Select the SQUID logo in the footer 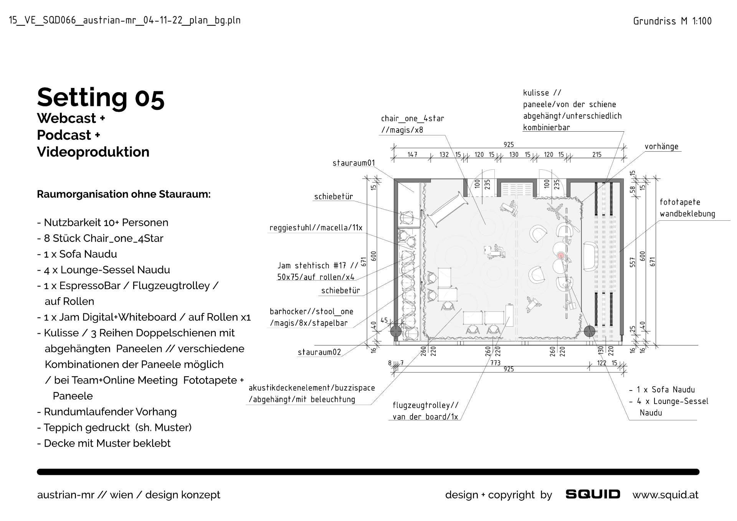593,494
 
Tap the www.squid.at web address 665,495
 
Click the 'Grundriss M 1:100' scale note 672,21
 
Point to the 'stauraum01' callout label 354,163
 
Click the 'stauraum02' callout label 319,352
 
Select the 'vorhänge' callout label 661,147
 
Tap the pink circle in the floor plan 561,255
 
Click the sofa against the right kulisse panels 590,256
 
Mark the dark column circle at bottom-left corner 396,331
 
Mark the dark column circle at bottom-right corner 589,331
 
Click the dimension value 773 495,363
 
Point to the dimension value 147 412,155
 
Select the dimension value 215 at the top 597,155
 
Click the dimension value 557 633,262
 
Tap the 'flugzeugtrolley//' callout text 425,405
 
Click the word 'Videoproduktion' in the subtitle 93,152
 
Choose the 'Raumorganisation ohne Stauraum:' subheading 124,194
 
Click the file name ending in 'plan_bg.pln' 125,20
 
